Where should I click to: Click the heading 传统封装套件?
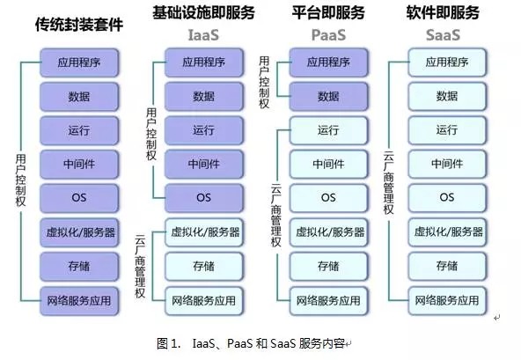tap(79, 25)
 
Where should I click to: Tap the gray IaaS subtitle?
tap(203, 35)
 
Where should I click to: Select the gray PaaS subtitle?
tap(328, 35)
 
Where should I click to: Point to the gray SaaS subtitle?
tap(443, 35)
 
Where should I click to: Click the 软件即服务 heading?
tap(443, 12)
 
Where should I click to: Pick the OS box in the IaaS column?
tap(204, 198)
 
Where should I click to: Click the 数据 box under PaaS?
tap(328, 97)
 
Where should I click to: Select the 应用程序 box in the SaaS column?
tap(447, 62)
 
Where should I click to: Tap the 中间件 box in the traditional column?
tap(79, 164)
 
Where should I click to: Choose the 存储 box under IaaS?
tap(204, 267)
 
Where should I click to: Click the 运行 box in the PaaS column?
tap(328, 130)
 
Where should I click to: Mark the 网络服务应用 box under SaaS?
tap(447, 301)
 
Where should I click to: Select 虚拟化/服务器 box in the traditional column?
tap(79, 232)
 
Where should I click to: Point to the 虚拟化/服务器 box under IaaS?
tap(204, 232)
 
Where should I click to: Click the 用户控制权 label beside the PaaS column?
tap(264, 83)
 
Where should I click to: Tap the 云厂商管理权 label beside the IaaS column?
tap(140, 266)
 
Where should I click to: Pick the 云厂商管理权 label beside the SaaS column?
tap(388, 183)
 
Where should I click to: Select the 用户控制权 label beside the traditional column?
tap(20, 180)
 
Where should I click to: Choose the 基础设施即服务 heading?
tap(203, 12)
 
